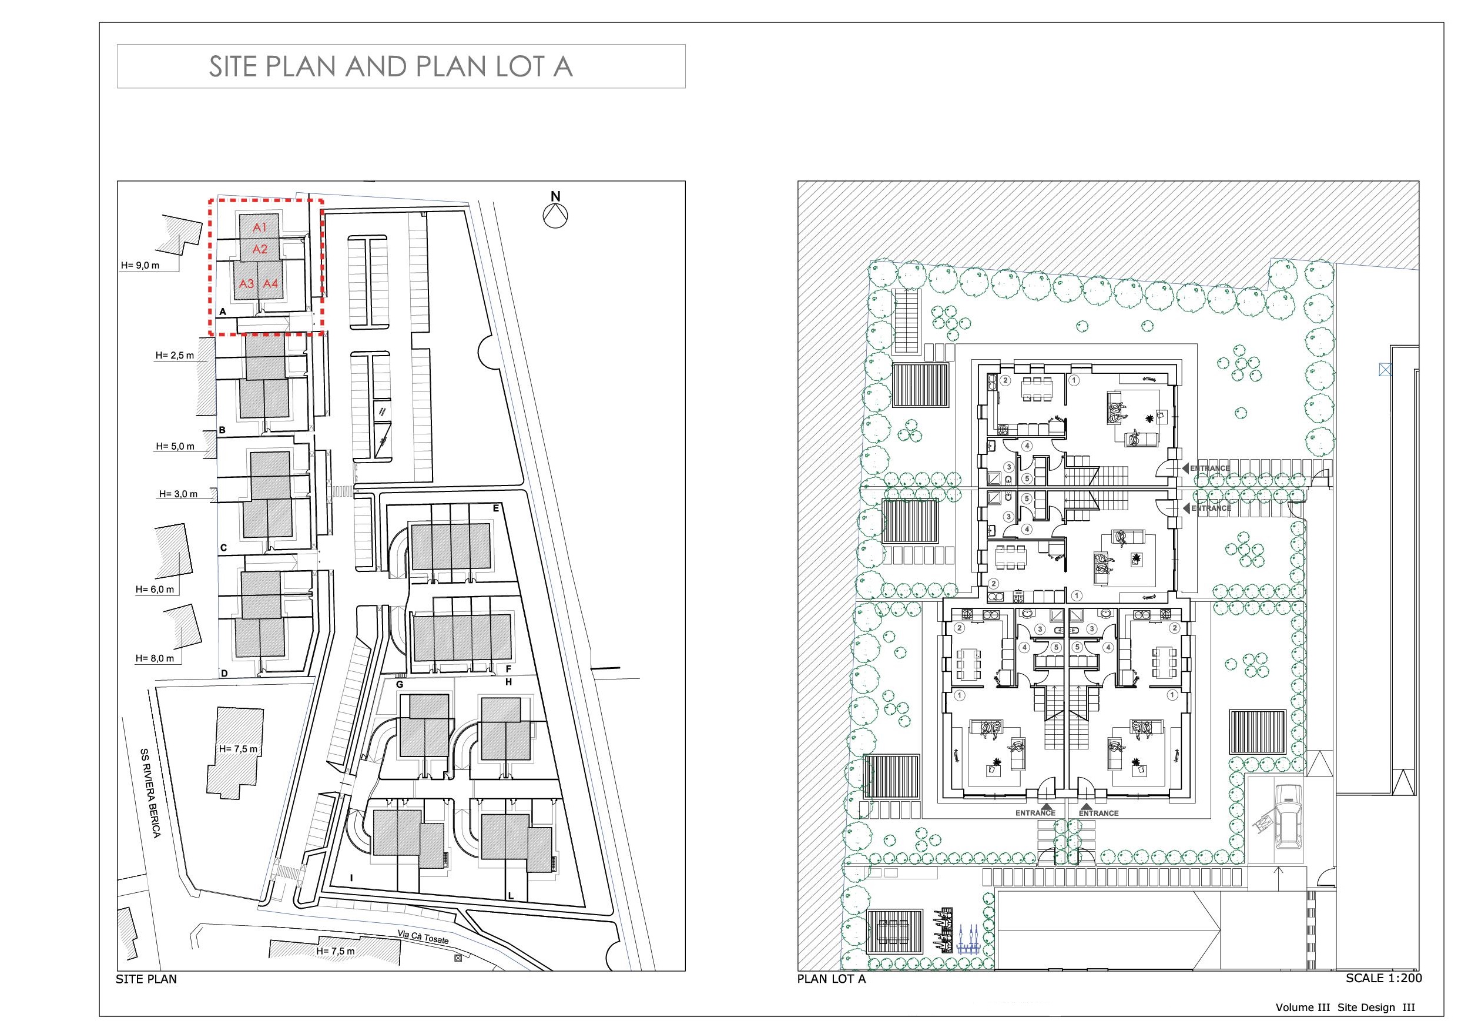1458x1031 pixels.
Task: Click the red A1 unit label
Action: point(260,227)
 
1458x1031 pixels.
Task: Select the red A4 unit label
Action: point(270,283)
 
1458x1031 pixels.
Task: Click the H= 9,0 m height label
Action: point(140,266)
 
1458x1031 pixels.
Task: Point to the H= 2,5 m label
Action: point(175,356)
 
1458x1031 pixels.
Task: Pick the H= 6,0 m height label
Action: point(155,590)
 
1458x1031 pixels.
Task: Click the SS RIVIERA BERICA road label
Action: point(150,792)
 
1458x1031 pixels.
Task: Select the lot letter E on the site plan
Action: point(496,508)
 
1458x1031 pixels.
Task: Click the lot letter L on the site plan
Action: point(511,896)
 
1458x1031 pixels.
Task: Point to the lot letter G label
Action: point(400,684)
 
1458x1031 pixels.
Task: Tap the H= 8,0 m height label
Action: point(155,658)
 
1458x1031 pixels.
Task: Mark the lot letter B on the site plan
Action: point(222,430)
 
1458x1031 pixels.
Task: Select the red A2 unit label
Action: point(260,250)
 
